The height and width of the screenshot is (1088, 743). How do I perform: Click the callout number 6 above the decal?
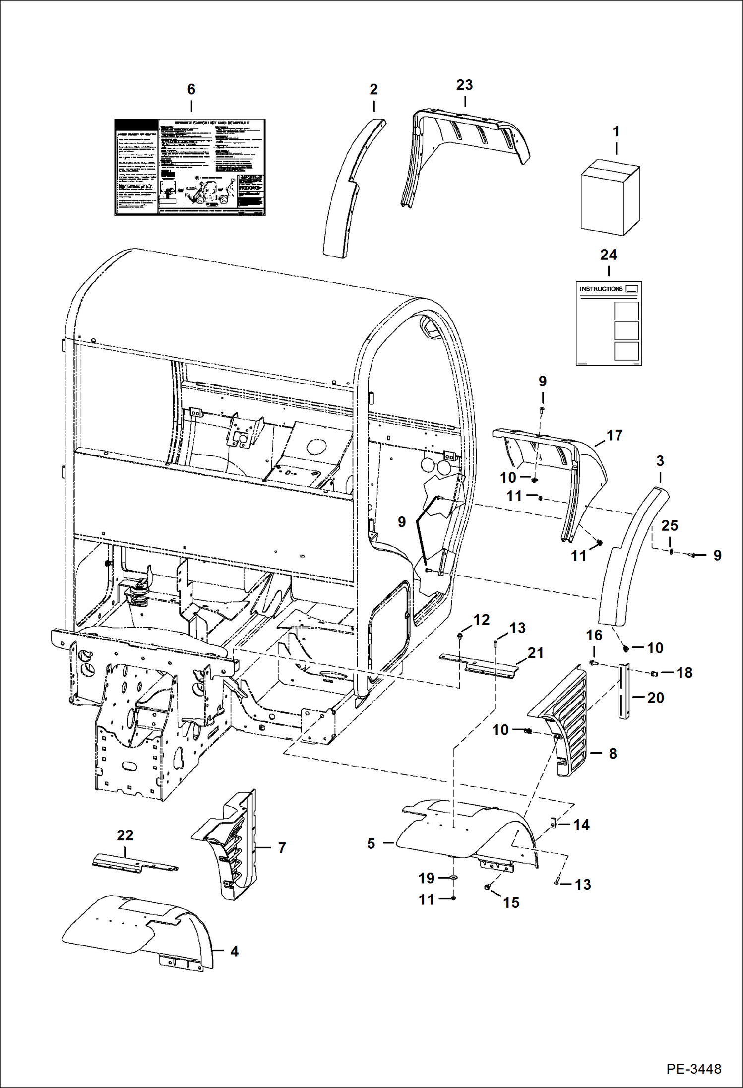[191, 89]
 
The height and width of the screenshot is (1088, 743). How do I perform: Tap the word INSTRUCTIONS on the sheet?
[601, 289]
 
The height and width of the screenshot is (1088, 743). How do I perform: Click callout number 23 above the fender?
[464, 85]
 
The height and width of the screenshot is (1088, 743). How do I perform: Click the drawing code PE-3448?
[693, 1068]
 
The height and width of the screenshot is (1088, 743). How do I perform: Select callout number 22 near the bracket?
[125, 835]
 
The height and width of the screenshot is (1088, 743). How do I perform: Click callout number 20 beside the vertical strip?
[655, 698]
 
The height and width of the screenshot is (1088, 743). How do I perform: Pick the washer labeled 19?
[453, 878]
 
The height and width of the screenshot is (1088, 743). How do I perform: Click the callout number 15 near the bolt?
[511, 902]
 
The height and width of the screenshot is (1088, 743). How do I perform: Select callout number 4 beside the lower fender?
[234, 951]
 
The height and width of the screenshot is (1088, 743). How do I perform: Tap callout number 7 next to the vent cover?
[282, 848]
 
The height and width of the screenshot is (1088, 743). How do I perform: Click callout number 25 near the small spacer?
[669, 525]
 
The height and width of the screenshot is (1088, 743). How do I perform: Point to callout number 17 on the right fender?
[614, 435]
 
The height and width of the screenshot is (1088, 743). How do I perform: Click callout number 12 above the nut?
[481, 619]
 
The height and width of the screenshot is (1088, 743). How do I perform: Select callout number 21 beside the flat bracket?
[536, 653]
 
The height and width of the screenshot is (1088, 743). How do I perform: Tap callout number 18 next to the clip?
[684, 672]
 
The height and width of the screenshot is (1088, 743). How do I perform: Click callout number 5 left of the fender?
[371, 843]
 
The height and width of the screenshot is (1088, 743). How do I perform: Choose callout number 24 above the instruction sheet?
[608, 255]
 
